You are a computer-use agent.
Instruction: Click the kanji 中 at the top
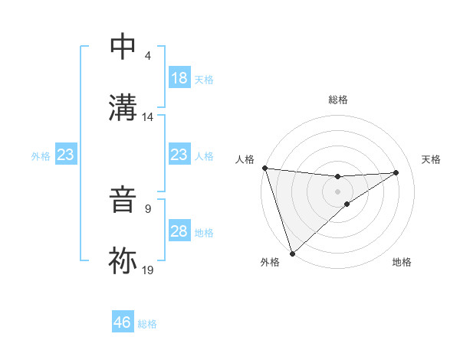tap(123, 47)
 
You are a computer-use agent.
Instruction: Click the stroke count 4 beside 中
tap(148, 56)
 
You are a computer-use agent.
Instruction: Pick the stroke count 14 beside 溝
tap(148, 117)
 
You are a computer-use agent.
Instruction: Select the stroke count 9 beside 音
tap(148, 209)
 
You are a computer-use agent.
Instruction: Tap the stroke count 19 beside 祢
tap(148, 270)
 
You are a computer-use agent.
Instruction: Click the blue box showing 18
tap(179, 78)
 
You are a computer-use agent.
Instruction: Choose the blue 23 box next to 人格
tap(179, 155)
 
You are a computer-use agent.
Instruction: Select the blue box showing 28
tap(179, 232)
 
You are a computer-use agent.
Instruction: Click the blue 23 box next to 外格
tap(66, 155)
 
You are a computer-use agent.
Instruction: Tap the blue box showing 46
tap(123, 322)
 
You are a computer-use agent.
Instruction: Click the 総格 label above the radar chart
tap(337, 100)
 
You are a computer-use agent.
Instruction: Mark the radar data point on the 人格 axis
tap(264, 168)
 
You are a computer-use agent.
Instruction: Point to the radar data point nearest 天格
tap(396, 172)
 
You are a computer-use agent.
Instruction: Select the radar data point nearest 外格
tap(292, 253)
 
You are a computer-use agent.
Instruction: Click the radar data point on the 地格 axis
tap(347, 204)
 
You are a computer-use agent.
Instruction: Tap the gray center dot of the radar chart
tap(337, 191)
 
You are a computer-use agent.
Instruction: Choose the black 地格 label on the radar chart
tap(402, 262)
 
